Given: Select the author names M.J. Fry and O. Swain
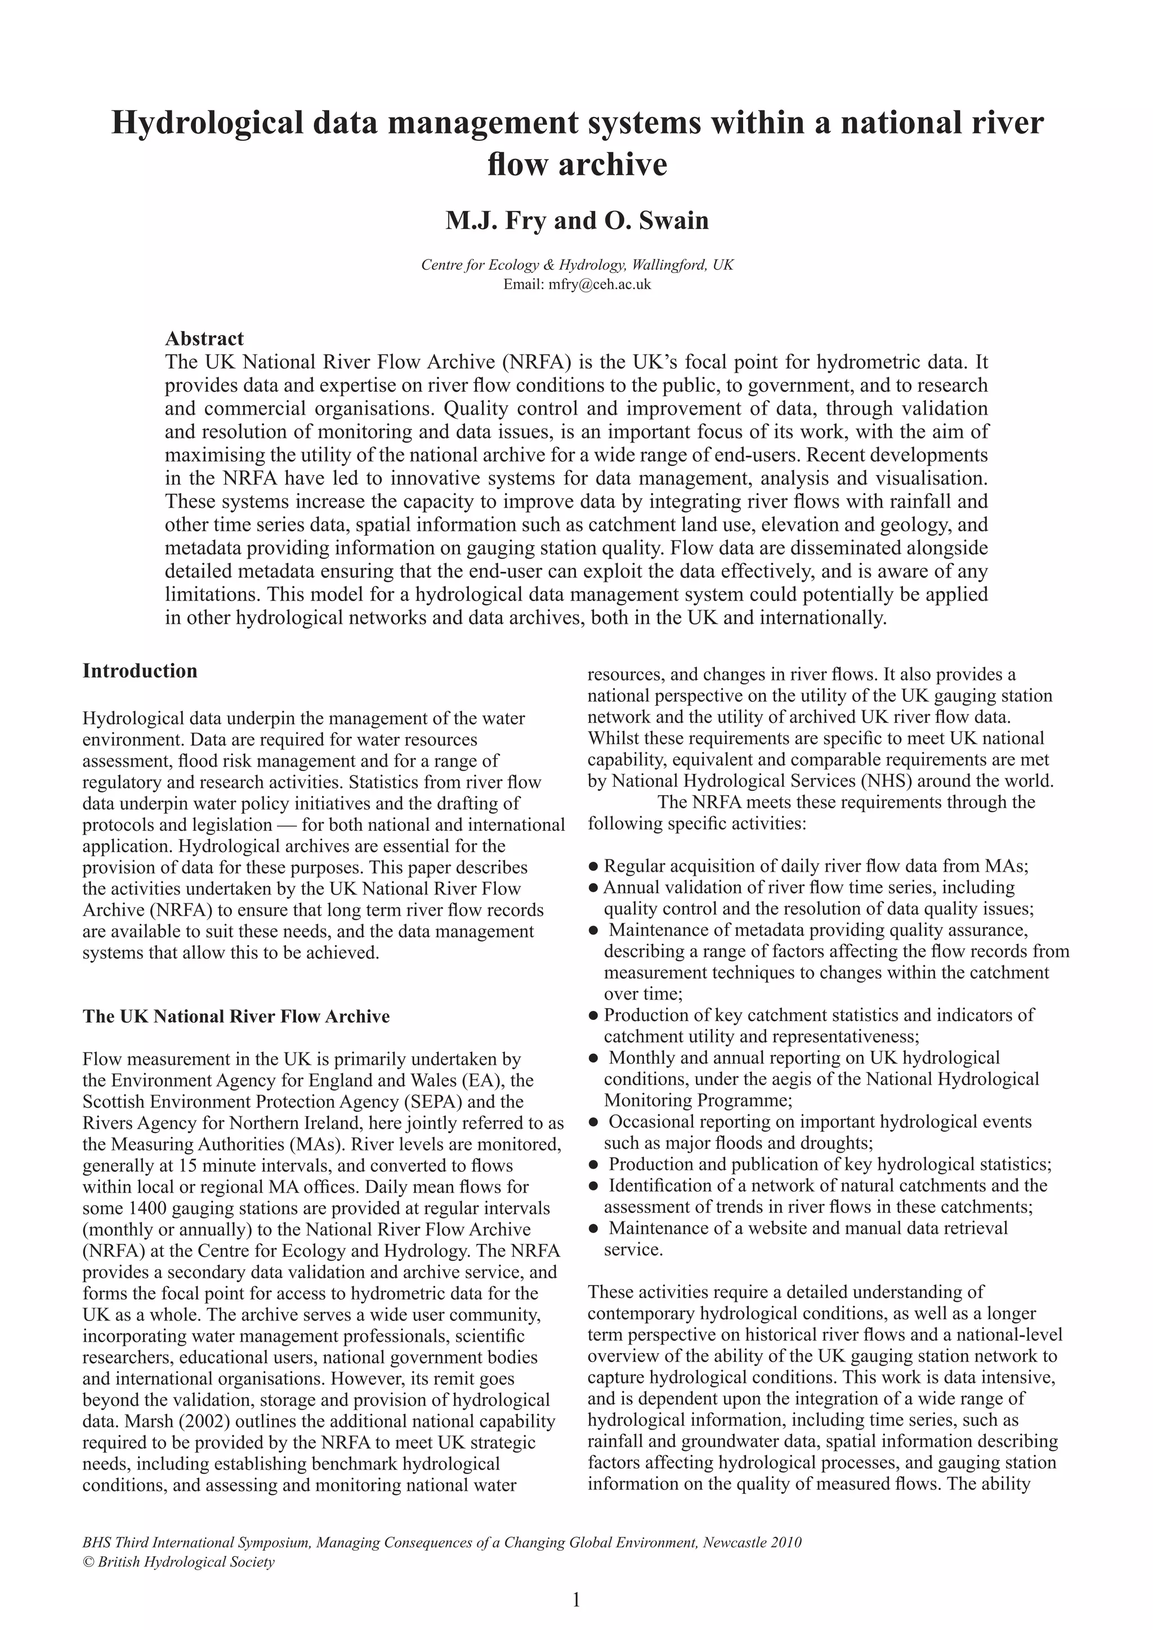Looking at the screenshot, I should point(576,221).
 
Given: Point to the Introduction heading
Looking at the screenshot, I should point(140,671).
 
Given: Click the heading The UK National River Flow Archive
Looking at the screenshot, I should point(236,1016).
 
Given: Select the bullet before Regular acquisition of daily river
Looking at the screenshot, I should point(593,867).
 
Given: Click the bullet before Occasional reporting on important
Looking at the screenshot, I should point(593,1122).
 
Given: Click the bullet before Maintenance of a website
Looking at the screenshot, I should point(593,1229).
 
